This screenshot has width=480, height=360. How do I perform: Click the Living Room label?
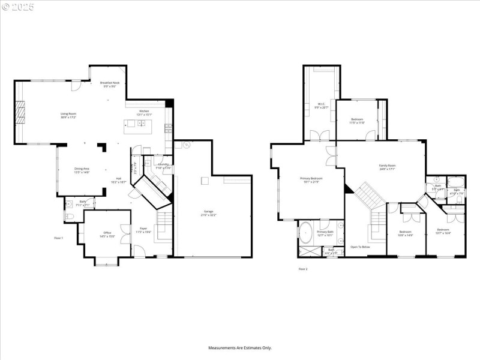click(68, 115)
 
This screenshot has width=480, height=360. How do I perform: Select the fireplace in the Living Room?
click(21, 112)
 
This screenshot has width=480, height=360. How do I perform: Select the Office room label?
click(107, 234)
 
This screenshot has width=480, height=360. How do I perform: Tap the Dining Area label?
click(82, 170)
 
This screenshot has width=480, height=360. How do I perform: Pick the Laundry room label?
click(163, 166)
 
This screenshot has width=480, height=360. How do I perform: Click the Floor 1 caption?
click(59, 238)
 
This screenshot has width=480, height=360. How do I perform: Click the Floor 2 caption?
click(303, 269)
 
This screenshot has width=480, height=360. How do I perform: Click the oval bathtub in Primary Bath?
click(306, 230)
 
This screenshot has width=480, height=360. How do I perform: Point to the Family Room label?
click(387, 167)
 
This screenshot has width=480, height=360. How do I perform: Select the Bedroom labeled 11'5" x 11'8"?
click(357, 121)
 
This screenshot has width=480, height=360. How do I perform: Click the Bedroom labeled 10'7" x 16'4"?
click(443, 231)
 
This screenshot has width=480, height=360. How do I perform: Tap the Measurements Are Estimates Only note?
click(240, 347)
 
